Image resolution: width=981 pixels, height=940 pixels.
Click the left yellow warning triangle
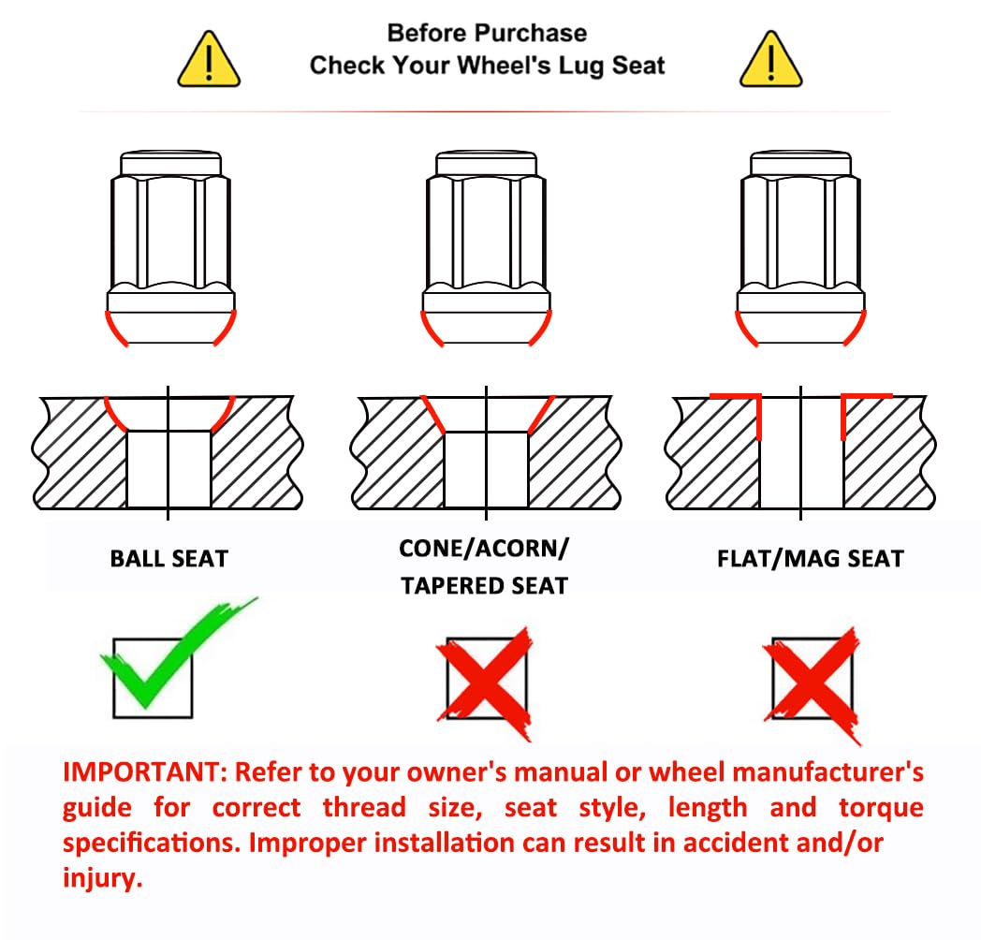point(209,60)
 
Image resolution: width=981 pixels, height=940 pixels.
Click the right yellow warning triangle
point(770,60)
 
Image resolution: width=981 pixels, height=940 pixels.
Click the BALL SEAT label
point(169,558)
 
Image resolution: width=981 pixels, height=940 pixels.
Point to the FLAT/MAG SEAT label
point(811,558)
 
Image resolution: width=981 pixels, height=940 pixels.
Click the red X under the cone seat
point(486,683)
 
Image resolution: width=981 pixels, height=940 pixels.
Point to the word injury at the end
point(103,878)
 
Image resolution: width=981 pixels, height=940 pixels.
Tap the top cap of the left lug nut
point(170,163)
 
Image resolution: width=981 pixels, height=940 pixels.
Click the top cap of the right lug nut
point(800,163)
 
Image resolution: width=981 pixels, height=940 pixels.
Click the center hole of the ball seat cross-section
point(168,468)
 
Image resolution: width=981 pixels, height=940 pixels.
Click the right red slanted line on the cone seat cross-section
point(541,415)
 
